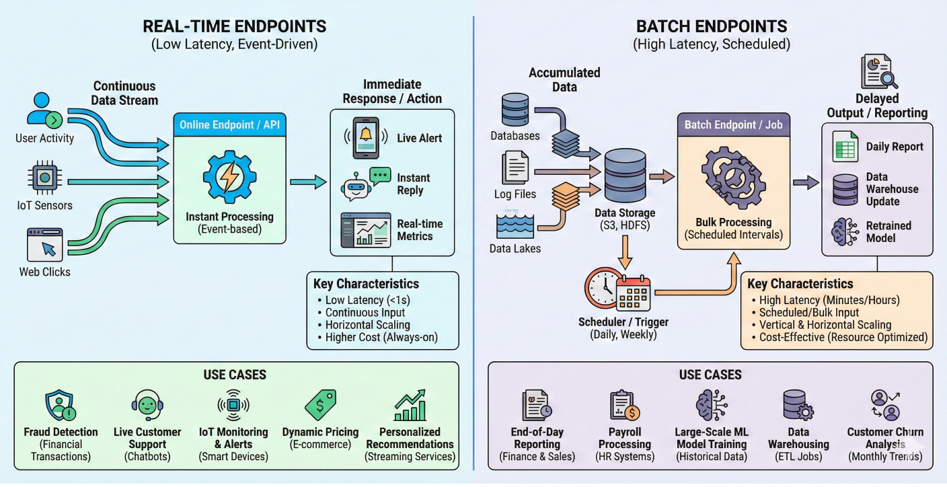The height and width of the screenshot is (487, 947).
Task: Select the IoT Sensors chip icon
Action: click(44, 178)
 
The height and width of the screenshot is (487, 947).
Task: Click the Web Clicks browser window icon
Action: click(44, 244)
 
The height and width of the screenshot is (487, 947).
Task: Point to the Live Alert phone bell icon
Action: click(366, 138)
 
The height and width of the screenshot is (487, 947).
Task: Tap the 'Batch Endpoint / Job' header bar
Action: click(733, 125)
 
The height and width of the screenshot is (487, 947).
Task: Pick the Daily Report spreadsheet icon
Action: click(845, 147)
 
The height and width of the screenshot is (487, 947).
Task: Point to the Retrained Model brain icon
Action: click(845, 231)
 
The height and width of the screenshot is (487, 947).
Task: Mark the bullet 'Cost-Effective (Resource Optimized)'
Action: click(843, 337)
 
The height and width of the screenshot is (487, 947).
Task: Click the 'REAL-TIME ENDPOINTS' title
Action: click(234, 27)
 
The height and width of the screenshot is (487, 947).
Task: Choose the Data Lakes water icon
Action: click(515, 225)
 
